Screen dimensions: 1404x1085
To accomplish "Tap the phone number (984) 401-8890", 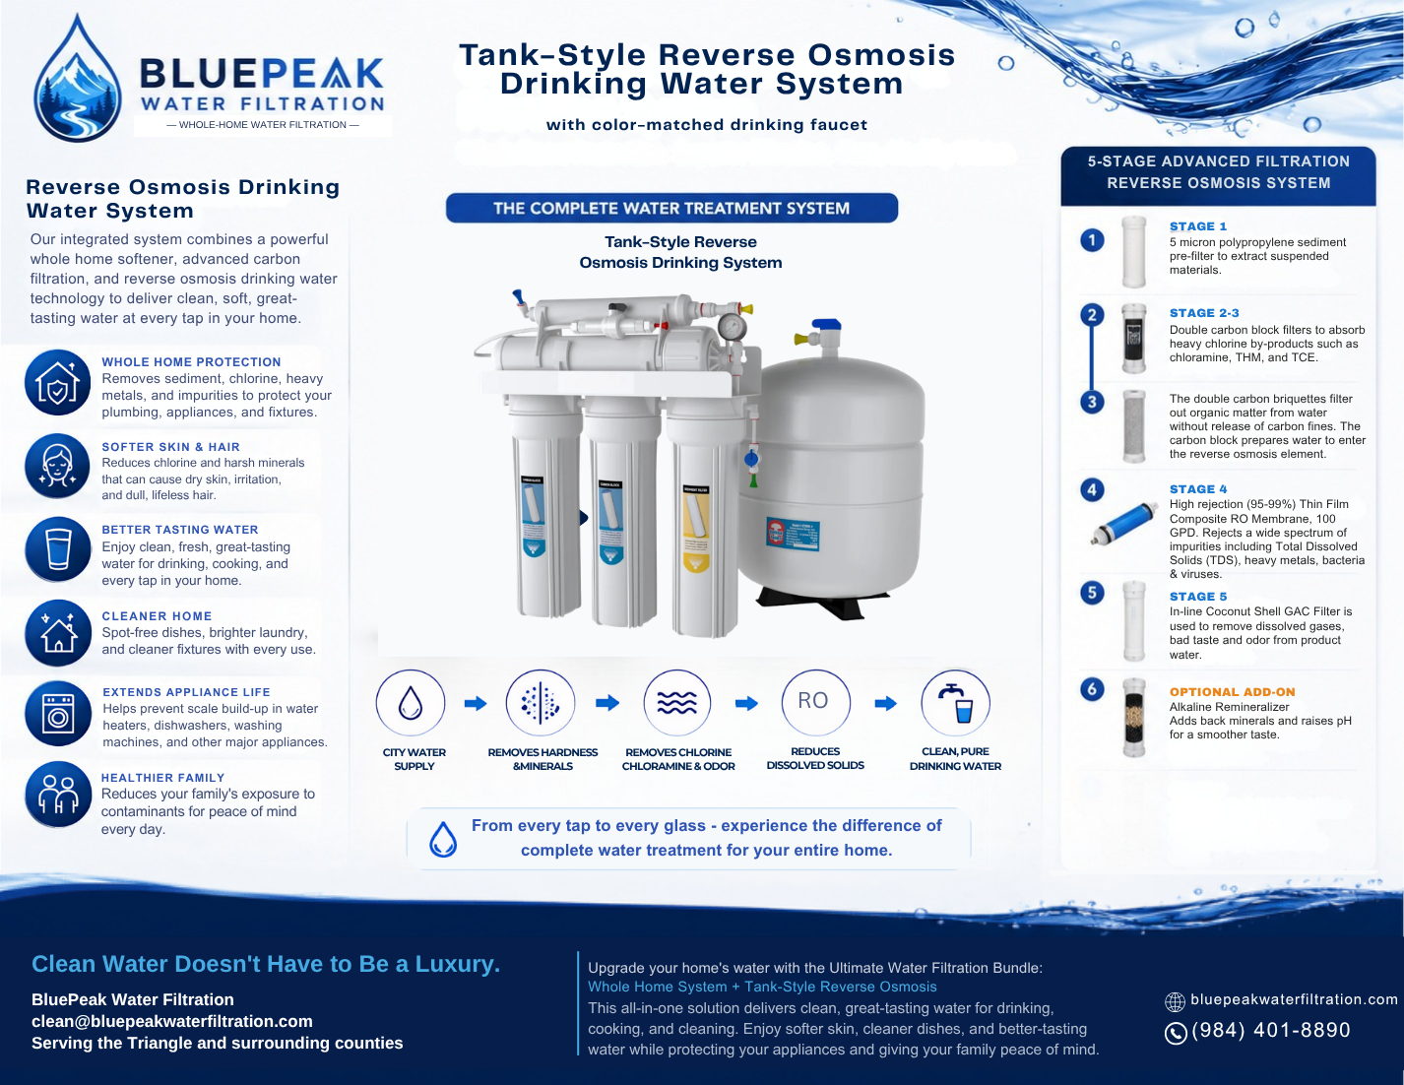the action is click(1270, 1030).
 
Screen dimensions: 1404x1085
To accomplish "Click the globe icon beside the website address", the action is click(1175, 1001).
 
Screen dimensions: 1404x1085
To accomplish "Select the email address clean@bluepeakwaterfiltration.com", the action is click(172, 1021).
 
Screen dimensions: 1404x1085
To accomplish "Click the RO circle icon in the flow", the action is click(815, 702).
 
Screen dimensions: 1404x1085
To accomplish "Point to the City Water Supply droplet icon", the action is click(411, 703).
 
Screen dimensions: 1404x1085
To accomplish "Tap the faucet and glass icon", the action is click(955, 702).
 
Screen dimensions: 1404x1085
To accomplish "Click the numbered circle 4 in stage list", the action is click(1092, 489).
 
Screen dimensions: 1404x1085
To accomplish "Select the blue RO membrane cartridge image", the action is click(1124, 523).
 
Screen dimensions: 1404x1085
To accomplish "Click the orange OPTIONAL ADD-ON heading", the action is click(1232, 692).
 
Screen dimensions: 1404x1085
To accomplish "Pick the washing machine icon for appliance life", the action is click(58, 714).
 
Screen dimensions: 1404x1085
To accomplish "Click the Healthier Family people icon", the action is click(58, 795).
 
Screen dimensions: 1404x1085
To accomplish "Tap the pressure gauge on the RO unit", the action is click(732, 327).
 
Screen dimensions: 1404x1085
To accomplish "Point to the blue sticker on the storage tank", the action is click(793, 534).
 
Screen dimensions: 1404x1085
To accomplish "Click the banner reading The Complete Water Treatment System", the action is click(671, 208).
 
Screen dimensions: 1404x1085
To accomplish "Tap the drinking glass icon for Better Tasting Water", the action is click(58, 549).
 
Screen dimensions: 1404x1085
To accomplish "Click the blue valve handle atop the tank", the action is click(826, 324).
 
